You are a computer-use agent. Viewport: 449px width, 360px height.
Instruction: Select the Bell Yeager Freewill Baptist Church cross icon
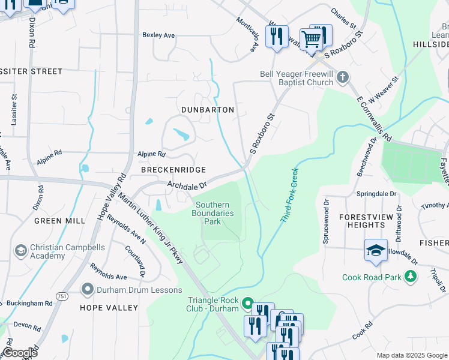click(x=342, y=77)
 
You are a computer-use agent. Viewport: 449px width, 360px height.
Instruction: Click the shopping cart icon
click(x=311, y=39)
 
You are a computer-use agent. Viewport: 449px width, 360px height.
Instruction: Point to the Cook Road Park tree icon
click(x=411, y=277)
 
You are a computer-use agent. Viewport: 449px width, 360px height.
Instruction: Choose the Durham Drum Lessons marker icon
click(x=88, y=290)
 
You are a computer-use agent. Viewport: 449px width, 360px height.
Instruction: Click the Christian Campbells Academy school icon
click(x=20, y=250)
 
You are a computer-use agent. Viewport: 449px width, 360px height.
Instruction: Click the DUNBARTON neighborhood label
click(x=207, y=110)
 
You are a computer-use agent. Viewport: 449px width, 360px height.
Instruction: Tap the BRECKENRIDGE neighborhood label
click(x=173, y=170)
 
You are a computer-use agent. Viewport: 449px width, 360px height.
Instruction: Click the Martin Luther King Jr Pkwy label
click(x=151, y=227)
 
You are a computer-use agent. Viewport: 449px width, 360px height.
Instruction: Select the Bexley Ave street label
click(x=158, y=35)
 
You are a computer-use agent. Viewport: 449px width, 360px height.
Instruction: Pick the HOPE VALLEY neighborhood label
click(x=109, y=308)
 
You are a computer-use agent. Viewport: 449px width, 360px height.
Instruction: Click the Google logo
click(x=20, y=353)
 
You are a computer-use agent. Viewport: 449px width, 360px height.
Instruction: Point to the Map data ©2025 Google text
click(x=411, y=355)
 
